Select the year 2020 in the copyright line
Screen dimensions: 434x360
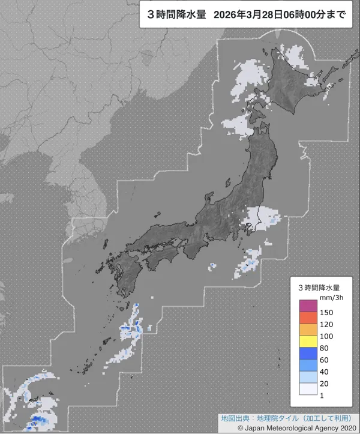(x=344, y=427)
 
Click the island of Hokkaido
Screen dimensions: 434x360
(x=297, y=90)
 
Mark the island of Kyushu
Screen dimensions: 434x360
(x=120, y=273)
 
